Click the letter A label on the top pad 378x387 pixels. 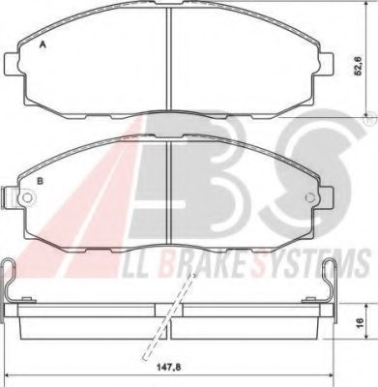[x=41, y=45]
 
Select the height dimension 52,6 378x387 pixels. [x=357, y=68]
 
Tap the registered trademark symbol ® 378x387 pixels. [x=368, y=126]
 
